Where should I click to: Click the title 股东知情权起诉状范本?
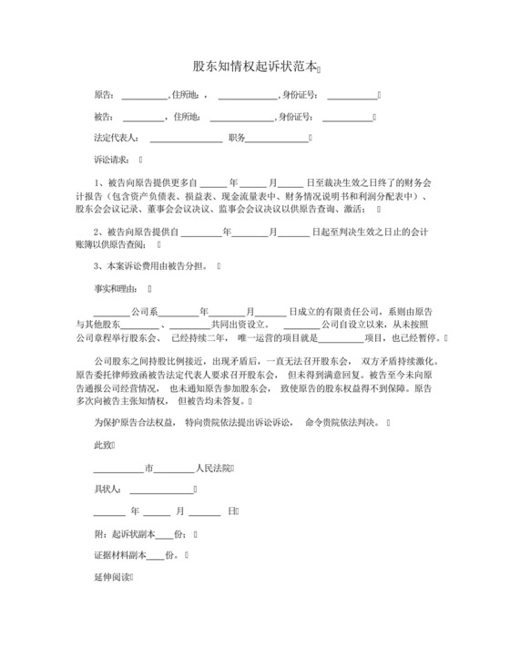(256, 67)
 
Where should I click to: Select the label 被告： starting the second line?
(105, 117)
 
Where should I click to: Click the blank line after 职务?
(277, 139)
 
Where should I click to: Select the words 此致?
(103, 445)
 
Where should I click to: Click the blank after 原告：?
(144, 96)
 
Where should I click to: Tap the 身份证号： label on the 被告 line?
(298, 117)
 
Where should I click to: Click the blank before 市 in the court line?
(118, 470)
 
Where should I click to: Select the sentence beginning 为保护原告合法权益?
(240, 423)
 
